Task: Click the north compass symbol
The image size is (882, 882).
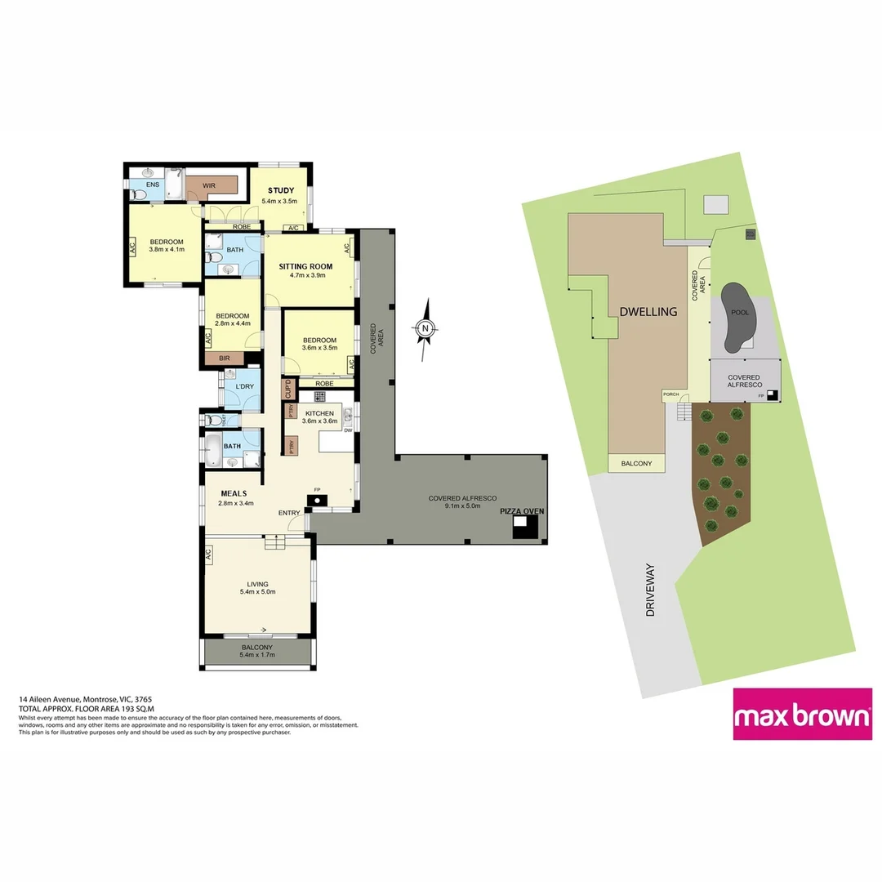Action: (425, 329)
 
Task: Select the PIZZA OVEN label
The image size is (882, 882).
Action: (522, 511)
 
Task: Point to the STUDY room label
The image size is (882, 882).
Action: (280, 190)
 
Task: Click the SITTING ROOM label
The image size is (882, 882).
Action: (301, 266)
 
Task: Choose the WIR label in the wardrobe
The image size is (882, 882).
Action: (211, 186)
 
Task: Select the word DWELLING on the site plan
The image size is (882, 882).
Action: (648, 311)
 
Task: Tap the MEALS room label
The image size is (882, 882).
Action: (234, 493)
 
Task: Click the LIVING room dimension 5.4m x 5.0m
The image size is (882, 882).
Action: (257, 594)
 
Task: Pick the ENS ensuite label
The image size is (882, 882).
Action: (153, 185)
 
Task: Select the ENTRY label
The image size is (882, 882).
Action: (288, 513)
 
